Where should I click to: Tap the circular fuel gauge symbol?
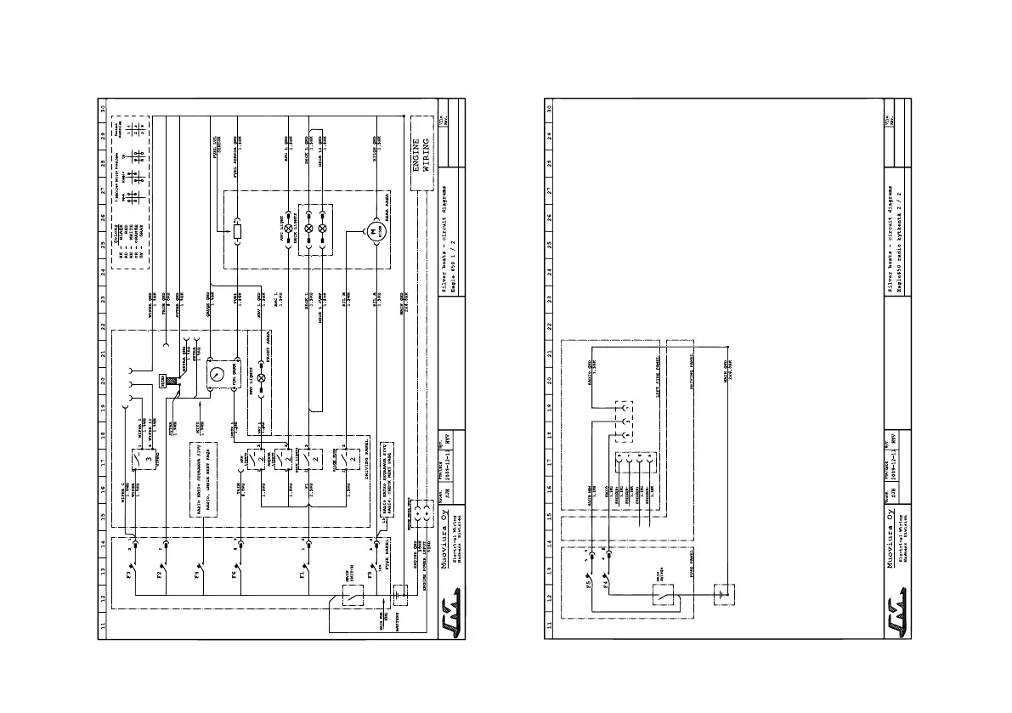[x=217, y=374]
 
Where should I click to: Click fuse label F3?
[x=129, y=575]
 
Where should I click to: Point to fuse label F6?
[x=235, y=575]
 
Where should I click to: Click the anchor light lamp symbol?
[x=287, y=229]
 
